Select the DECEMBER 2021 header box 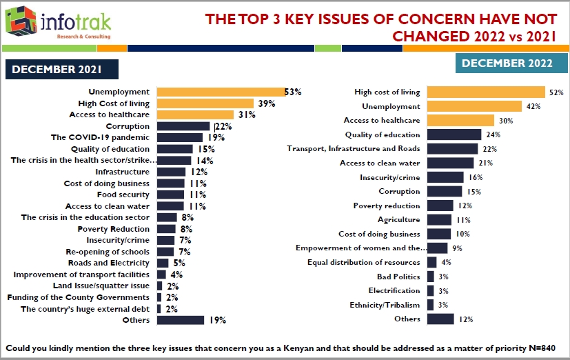point(63,69)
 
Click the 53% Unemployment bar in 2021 point(221,92)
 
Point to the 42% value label point(532,107)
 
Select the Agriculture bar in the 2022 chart point(439,220)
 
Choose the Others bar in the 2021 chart point(181,320)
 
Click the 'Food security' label point(123,194)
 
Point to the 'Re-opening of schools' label point(107,252)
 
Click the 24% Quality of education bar point(454,134)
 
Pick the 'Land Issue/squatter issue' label point(101,286)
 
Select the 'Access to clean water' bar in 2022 point(450,163)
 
